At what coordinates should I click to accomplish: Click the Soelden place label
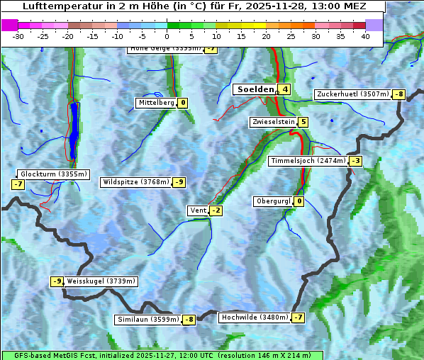tap(255, 89)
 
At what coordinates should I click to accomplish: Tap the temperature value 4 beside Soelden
tap(284, 89)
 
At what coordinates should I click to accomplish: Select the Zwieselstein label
tap(273, 122)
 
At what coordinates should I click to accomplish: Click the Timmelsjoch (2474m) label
tap(308, 161)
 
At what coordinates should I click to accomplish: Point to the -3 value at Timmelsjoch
tap(355, 161)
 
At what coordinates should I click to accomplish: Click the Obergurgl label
tap(273, 201)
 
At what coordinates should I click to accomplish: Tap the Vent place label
tap(198, 210)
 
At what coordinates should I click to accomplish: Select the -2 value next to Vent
tap(216, 210)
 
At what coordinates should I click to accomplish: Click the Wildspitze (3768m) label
tap(136, 182)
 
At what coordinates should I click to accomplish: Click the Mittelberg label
tap(156, 103)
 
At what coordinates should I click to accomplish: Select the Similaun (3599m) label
tap(147, 320)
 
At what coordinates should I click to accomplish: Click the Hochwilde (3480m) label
tap(254, 317)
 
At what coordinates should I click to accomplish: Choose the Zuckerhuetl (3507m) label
tap(352, 94)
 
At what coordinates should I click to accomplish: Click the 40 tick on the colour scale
tap(365, 36)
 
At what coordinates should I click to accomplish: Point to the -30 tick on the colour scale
tap(18, 36)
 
